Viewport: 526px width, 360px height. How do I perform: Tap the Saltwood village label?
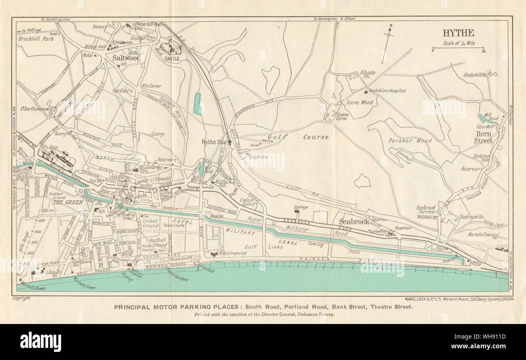click(x=126, y=58)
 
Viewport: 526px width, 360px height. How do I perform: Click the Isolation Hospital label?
click(x=387, y=91)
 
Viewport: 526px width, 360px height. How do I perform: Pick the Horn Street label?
click(x=484, y=138)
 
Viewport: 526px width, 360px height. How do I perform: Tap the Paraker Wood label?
click(x=409, y=141)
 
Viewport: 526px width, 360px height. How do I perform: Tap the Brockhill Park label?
click(x=37, y=39)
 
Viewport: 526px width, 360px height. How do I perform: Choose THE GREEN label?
click(x=66, y=202)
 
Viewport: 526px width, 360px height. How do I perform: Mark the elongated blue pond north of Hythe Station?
click(x=197, y=104)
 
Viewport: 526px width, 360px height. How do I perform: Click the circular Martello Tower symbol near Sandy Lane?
click(x=495, y=238)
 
